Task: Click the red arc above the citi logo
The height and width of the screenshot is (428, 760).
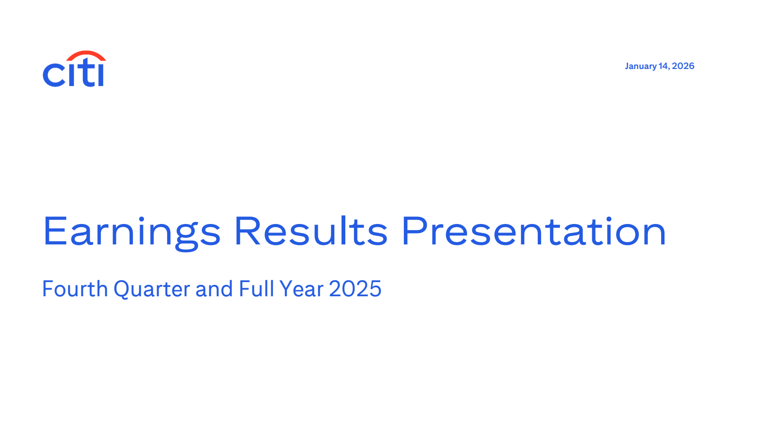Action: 86,54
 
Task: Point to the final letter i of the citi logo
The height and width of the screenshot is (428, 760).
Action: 100,75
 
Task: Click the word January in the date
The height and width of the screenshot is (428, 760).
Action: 640,66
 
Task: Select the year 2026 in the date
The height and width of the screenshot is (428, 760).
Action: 683,66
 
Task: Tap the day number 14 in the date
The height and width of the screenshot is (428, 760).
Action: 664,66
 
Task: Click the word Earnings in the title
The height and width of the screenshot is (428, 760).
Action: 132,232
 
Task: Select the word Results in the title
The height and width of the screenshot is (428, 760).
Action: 311,232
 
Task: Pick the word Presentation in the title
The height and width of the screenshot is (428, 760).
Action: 534,232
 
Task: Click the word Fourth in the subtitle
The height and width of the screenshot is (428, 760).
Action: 75,289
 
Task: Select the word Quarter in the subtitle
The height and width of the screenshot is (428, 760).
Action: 152,289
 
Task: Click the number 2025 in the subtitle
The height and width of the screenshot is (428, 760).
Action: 355,289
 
